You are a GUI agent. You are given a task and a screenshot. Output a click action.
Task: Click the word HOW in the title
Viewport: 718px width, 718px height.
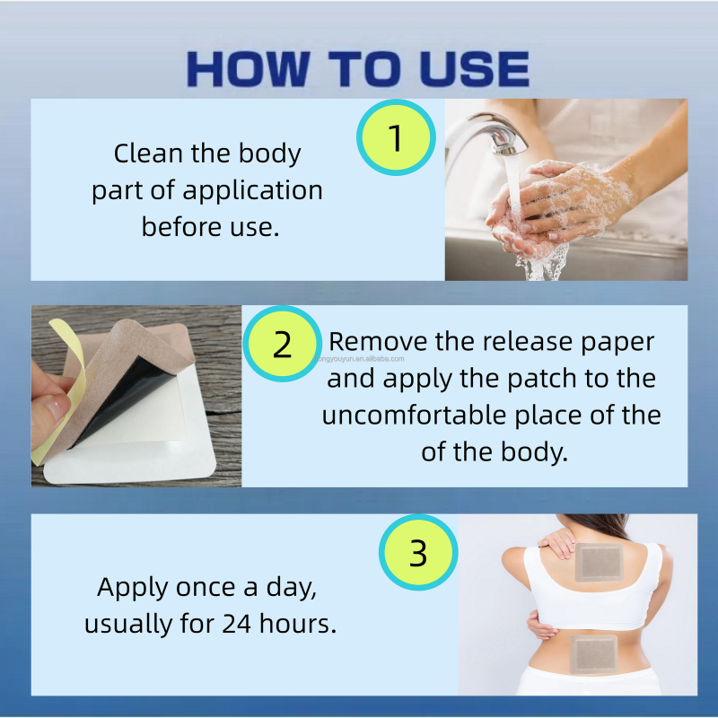(248, 69)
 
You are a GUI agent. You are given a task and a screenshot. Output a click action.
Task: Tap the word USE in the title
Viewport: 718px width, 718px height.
(475, 69)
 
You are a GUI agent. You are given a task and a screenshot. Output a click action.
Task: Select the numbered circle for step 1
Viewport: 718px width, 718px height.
(396, 137)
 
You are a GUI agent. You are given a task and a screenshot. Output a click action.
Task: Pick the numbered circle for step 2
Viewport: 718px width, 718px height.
(282, 344)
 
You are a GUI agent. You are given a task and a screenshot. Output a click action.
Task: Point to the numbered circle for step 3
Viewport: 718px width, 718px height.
(418, 552)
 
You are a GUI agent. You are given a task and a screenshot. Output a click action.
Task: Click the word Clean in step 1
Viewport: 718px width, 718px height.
(148, 153)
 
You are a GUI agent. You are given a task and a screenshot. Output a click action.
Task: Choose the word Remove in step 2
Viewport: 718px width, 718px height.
(378, 342)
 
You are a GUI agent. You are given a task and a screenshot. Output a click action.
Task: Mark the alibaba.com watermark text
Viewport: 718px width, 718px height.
(360, 359)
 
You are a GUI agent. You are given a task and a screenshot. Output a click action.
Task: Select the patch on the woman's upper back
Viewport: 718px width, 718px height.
(599, 562)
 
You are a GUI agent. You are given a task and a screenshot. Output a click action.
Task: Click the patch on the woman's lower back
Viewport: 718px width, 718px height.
(593, 654)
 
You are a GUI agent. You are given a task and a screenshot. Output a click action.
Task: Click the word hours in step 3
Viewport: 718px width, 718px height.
(298, 623)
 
